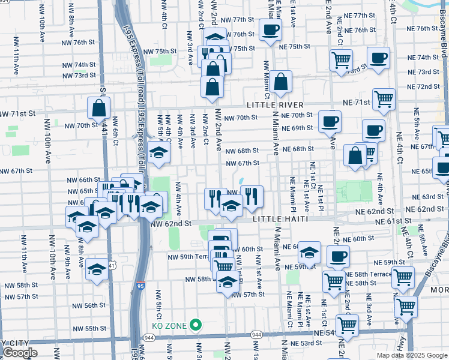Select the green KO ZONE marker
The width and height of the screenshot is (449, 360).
(x=194, y=325)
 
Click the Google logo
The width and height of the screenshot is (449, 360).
(x=20, y=353)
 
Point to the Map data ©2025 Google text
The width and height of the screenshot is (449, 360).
(x=412, y=355)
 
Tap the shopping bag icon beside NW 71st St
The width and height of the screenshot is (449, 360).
(x=98, y=109)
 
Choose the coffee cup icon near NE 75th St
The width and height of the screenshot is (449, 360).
(x=270, y=29)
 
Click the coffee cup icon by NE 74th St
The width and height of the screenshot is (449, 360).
(x=378, y=58)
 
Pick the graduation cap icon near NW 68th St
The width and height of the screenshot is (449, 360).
(x=158, y=152)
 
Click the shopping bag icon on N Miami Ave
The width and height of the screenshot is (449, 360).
(x=280, y=81)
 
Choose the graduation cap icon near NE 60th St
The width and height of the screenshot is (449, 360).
(x=309, y=253)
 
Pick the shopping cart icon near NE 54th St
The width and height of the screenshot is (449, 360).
(x=348, y=325)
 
